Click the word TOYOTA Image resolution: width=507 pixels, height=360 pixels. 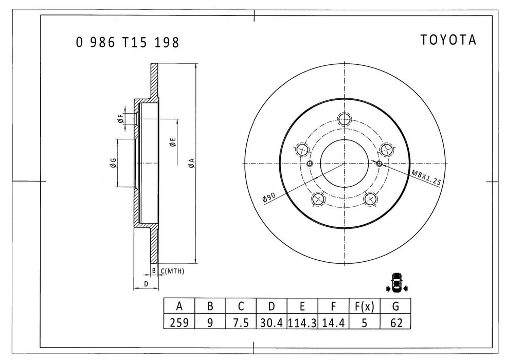pos(448,41)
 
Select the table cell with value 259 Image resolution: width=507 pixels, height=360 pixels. pos(179,322)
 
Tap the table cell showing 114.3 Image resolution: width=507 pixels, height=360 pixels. pos(302,322)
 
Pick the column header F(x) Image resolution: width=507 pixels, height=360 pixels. pos(364,307)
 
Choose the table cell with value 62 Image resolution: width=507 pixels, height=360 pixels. pos(395,322)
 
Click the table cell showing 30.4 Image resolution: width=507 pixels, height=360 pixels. pos(271,322)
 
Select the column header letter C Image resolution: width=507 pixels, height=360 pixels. pos(241,307)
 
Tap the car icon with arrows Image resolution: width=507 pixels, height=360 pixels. pos(396,282)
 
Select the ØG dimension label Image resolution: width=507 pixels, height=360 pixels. pos(112,164)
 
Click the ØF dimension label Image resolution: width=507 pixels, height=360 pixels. pos(120,119)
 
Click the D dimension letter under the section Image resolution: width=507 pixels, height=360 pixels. pos(146,283)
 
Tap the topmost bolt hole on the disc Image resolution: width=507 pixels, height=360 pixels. pos(344,119)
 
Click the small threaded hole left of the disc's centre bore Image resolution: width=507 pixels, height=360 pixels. pos(310,164)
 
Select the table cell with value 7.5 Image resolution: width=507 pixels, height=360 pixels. pos(241,322)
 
